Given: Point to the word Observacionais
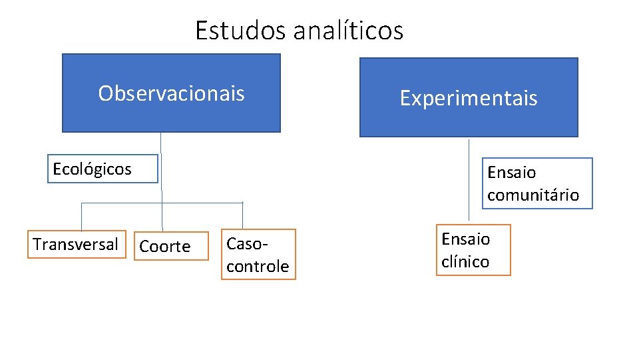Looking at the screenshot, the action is pyautogui.click(x=171, y=93).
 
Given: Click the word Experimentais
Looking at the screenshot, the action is pyautogui.click(x=469, y=99).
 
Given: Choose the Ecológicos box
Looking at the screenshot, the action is pyautogui.click(x=104, y=169).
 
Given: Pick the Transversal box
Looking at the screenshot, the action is pyautogui.click(x=76, y=245).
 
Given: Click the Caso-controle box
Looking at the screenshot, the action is pyautogui.click(x=258, y=255).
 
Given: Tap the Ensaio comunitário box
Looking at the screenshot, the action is pyautogui.click(x=536, y=183).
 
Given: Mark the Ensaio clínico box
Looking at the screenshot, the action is pyautogui.click(x=473, y=250).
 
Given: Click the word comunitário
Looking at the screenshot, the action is pyautogui.click(x=533, y=195).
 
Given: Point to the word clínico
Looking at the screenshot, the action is pyautogui.click(x=465, y=262).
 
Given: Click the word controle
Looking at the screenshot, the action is pyautogui.click(x=258, y=267).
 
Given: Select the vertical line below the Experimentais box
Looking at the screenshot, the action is pyautogui.click(x=469, y=180).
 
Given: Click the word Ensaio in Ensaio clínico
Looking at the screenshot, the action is pyautogui.click(x=465, y=239).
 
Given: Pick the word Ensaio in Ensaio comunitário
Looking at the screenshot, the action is pyautogui.click(x=512, y=173).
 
